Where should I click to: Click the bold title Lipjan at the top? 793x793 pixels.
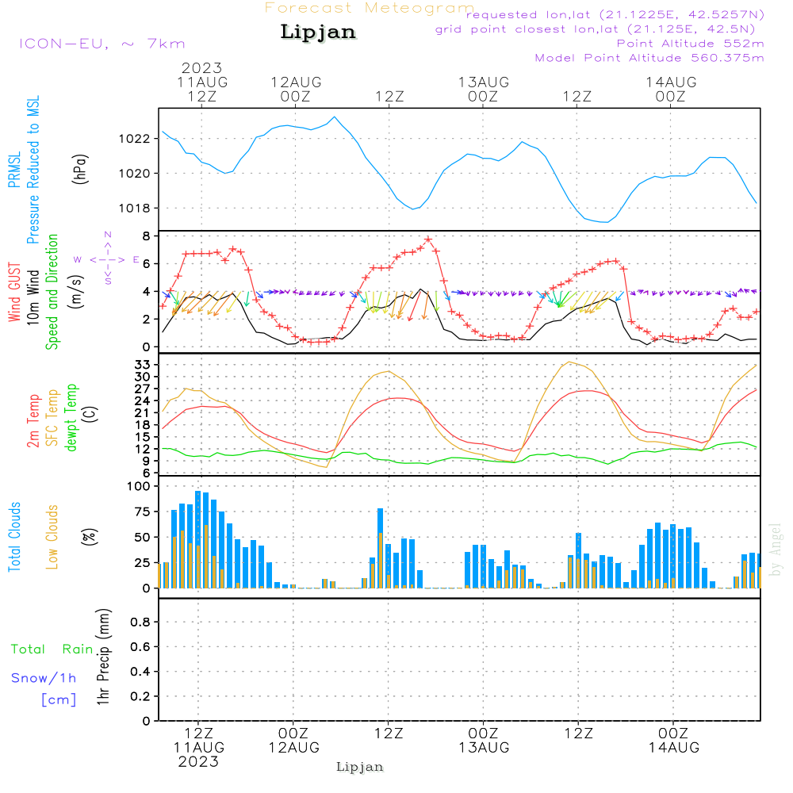point(318,32)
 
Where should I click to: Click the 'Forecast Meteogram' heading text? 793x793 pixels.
point(370,8)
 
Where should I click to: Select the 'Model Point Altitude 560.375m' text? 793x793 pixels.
point(649,57)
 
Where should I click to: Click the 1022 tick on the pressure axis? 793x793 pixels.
point(137,138)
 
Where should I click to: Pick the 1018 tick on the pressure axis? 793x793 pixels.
point(137,208)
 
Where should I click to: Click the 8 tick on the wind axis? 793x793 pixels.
point(147,236)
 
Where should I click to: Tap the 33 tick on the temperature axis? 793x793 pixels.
point(143,364)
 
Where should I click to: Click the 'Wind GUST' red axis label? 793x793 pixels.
point(14,292)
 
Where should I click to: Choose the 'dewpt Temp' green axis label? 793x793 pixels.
point(71,419)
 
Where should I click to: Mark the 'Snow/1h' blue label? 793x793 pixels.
point(44,678)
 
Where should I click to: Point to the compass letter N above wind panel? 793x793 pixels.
point(108,234)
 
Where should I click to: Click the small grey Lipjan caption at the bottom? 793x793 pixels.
point(360,767)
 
